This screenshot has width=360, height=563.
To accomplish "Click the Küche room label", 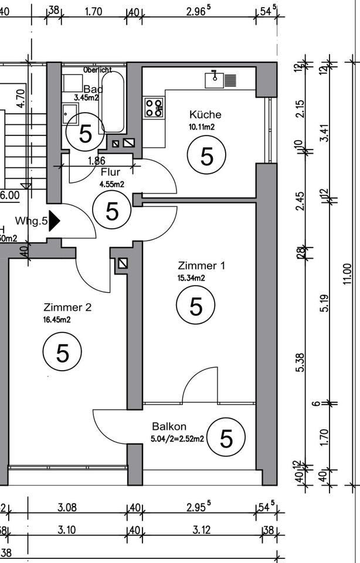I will tap(205, 114).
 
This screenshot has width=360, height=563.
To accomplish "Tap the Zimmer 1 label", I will tap(201, 266).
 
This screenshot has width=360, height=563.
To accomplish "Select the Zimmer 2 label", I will tap(67, 307).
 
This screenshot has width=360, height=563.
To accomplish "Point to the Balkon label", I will tap(169, 426).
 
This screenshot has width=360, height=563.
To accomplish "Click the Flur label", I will tap(111, 172).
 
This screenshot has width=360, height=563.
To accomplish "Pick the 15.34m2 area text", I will tap(191, 278).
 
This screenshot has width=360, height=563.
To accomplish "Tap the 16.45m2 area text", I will tap(57, 319).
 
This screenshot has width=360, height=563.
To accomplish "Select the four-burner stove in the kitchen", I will tap(154, 108).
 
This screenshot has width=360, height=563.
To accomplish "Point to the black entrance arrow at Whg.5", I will tap(55, 221).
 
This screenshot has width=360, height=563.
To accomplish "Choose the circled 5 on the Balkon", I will tap(226, 437).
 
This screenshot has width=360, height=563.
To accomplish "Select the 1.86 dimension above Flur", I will tap(96, 161).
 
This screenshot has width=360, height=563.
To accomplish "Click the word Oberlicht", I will tap(97, 70).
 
